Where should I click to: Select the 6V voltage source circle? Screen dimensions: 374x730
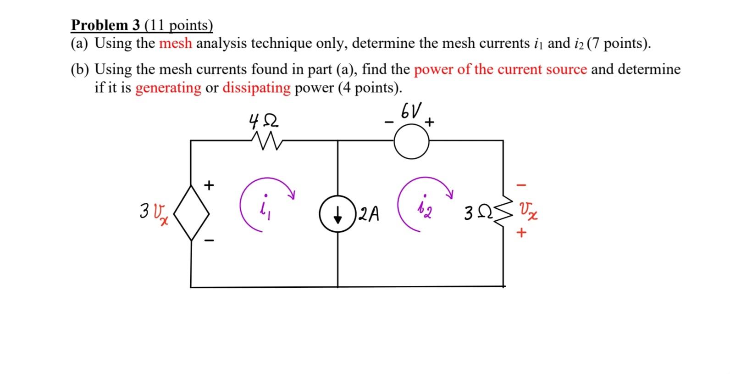411,142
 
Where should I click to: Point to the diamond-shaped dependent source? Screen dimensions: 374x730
191,212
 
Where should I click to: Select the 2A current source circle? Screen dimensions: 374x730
337,214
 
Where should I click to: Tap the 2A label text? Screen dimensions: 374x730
369,214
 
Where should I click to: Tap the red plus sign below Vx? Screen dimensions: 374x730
521,233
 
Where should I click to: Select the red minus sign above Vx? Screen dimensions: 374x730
521,185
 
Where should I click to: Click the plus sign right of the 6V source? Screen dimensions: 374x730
429,123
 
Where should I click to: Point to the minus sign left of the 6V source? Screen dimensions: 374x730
389,123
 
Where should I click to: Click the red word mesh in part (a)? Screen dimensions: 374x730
176,44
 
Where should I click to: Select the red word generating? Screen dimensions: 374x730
168,87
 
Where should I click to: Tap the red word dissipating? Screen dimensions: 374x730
256,87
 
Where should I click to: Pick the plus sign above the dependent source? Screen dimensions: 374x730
209,185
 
